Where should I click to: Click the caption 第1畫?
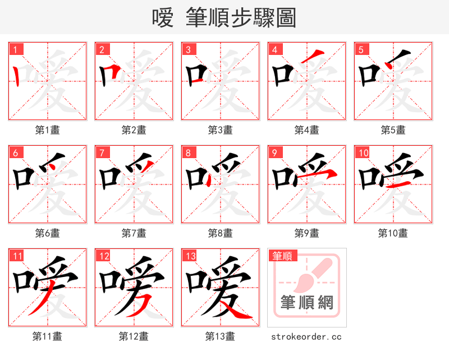tap(48, 130)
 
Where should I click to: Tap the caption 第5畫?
tap(393, 130)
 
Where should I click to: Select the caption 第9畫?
tap(306, 233)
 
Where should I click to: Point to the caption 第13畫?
tap(220, 336)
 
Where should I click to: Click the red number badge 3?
tap(188, 49)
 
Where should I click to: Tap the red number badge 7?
tap(102, 153)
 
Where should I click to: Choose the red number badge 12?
tap(103, 256)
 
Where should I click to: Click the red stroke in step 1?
tap(17, 76)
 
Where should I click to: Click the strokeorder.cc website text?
tap(306, 336)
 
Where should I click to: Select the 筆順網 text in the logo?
tap(307, 303)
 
